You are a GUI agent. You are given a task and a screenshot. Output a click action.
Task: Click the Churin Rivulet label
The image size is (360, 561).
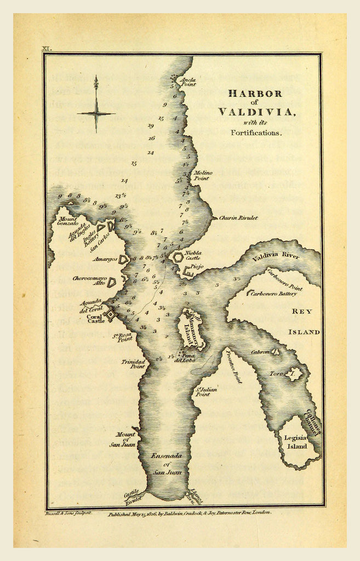[x=238, y=217]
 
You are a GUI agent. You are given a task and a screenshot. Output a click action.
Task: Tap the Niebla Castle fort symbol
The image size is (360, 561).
[x=178, y=256]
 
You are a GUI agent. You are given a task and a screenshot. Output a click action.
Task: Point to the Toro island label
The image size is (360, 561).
[x=276, y=374]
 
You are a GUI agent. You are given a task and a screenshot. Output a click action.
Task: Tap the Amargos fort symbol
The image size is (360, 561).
[x=124, y=259]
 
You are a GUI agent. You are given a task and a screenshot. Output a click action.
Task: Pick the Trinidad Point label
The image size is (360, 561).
[x=133, y=365]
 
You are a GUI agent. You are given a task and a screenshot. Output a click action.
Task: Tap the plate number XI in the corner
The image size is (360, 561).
[x=48, y=49]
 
